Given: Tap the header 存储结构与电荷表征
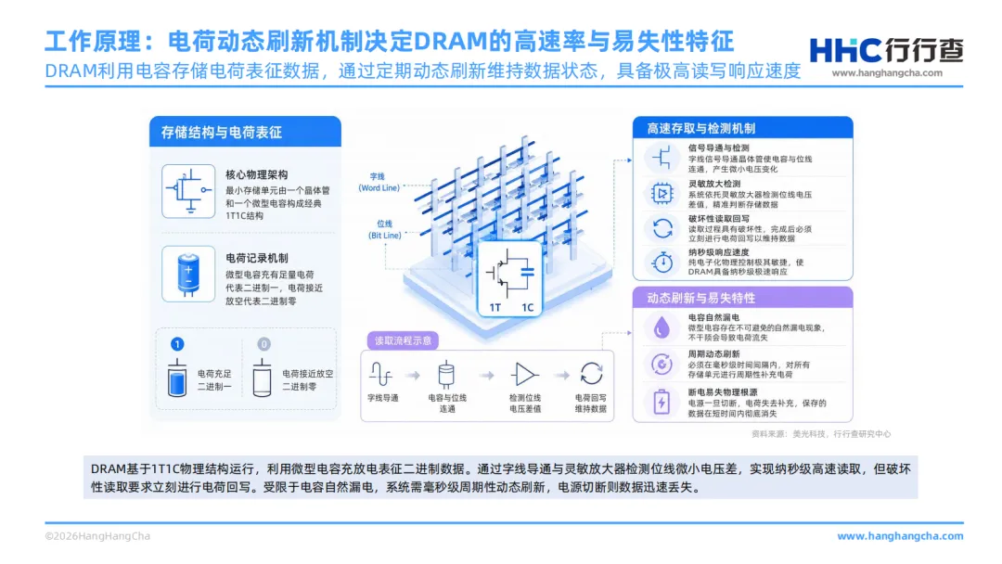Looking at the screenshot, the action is coord(221,133).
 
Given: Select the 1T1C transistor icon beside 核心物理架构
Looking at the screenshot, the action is coord(188,191).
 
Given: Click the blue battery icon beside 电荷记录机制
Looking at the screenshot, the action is coord(188,274).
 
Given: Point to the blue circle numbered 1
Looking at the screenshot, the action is coord(177,344).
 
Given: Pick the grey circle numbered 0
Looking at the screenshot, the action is coord(263,344).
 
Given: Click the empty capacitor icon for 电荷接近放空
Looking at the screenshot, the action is coord(262,378).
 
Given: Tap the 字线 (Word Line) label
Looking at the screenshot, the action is coord(379,182).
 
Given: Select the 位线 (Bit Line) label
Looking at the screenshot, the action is coord(385,229).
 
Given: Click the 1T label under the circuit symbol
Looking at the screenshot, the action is coord(495,308).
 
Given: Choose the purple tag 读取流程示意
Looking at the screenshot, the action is coord(403,340).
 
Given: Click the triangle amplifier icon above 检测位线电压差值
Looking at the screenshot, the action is coord(524,375).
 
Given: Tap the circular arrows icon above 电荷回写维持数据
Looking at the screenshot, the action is coord(591,374).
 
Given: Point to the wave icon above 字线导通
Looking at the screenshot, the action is coord(381,374).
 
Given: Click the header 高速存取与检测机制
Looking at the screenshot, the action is coord(701,128).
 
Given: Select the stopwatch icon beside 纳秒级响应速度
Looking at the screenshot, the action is coord(662,262).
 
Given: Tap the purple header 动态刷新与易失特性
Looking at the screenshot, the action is coord(701,298).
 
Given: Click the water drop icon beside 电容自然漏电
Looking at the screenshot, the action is coord(662,327).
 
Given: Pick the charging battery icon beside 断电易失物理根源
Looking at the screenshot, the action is coord(662,402).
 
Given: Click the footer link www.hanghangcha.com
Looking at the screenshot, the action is coord(900,536).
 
